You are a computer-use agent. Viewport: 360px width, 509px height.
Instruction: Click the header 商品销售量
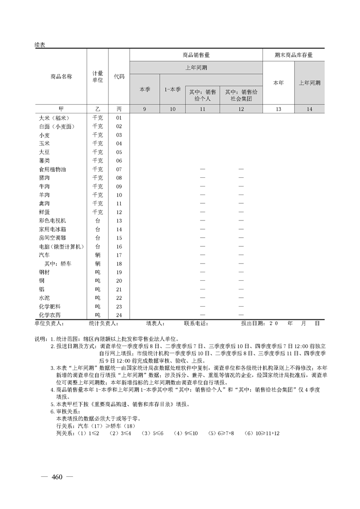click(x=196, y=55)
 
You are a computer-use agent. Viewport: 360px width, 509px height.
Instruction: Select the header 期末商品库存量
click(x=294, y=55)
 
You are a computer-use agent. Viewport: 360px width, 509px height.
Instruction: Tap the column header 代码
click(x=119, y=76)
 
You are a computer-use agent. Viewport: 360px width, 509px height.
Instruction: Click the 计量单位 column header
click(x=98, y=76)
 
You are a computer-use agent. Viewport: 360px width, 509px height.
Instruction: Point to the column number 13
click(x=278, y=109)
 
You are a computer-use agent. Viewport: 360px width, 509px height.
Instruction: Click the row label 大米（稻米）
click(x=53, y=117)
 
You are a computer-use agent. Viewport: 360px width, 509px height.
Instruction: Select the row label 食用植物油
click(x=53, y=169)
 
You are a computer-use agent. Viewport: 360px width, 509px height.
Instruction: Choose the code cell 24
click(x=119, y=315)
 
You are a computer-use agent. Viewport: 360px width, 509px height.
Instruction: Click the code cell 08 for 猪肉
click(x=119, y=178)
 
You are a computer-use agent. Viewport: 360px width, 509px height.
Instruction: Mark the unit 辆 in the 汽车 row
click(x=98, y=255)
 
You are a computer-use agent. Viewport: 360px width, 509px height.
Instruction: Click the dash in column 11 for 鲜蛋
click(x=202, y=212)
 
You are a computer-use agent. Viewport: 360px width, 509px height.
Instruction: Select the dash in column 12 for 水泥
click(x=241, y=298)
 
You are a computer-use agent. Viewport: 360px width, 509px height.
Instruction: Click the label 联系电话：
click(x=196, y=323)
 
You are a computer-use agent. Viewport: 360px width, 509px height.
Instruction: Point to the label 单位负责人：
click(x=49, y=323)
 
